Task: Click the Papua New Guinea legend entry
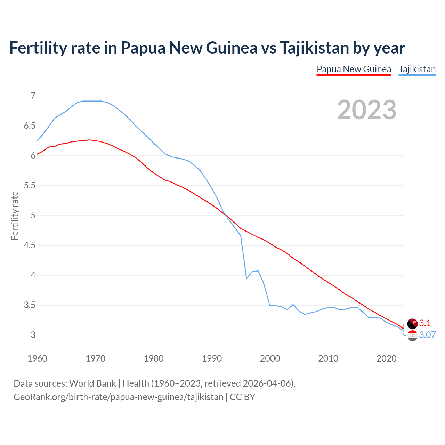pyautogui.click(x=354, y=69)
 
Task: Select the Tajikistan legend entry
pyautogui.click(x=417, y=69)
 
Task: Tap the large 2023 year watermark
pyautogui.click(x=366, y=110)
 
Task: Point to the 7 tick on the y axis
pyautogui.click(x=33, y=96)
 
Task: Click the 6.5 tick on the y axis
pyautogui.click(x=30, y=126)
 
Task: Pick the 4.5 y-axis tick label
pyautogui.click(x=30, y=245)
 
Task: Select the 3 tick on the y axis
pyautogui.click(x=33, y=335)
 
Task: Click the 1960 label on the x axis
pyautogui.click(x=37, y=358)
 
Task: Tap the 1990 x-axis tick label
pyautogui.click(x=212, y=358)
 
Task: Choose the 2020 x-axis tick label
pyautogui.click(x=386, y=358)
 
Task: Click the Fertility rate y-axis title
pyautogui.click(x=15, y=216)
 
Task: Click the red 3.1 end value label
pyautogui.click(x=425, y=323)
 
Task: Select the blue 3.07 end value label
pyautogui.click(x=427, y=335)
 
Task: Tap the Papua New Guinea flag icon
pyautogui.click(x=412, y=324)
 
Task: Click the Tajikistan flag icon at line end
pyautogui.click(x=412, y=336)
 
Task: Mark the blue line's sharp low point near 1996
pyautogui.click(x=246, y=278)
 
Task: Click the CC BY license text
pyautogui.click(x=242, y=397)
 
